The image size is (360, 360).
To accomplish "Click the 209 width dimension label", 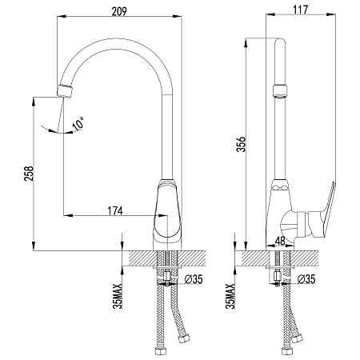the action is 119,11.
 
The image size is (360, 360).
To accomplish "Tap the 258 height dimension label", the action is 29,174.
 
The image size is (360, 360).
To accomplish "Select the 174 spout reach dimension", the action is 115,211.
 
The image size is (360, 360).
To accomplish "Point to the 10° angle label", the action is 78,123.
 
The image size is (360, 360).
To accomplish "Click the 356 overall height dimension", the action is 242,144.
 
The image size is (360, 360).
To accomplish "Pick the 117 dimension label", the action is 301,10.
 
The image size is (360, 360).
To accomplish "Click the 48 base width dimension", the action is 279,241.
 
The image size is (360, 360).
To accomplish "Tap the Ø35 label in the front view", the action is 194,279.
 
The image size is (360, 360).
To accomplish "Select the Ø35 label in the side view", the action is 306,279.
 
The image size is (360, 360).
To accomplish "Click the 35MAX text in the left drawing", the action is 118,296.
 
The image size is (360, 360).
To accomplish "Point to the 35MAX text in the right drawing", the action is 230,296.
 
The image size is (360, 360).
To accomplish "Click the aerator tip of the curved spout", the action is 65,91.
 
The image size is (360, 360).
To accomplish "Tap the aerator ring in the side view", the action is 280,91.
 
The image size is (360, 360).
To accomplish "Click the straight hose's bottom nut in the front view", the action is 160,351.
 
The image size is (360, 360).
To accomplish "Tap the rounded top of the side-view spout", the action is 280,41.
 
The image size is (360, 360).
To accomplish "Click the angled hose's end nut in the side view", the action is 297,338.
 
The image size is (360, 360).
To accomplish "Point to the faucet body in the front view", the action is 168,214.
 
